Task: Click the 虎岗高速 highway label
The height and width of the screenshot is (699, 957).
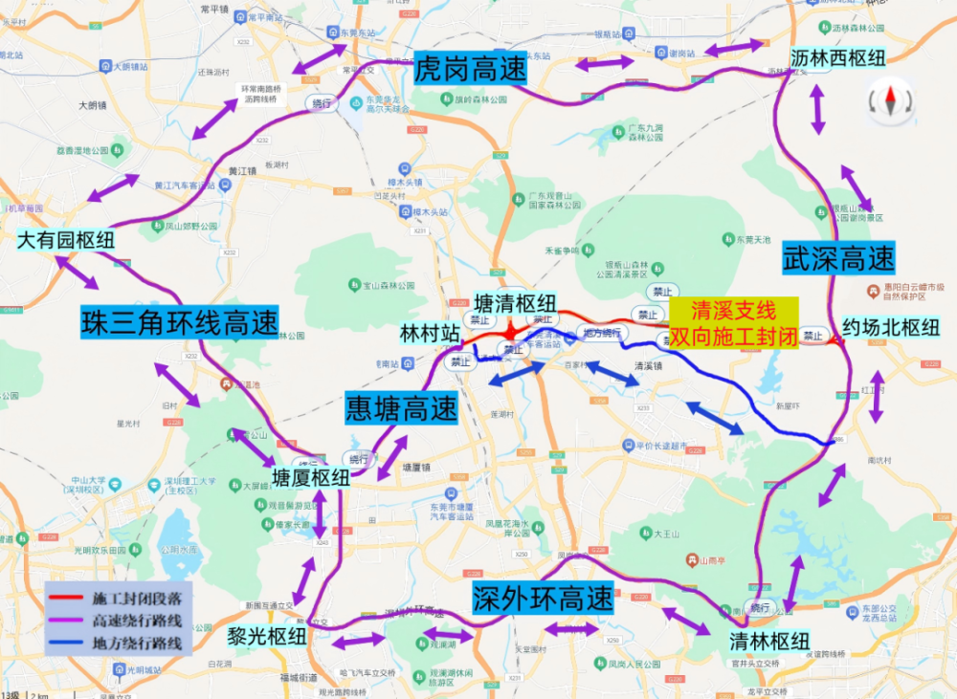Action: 471,70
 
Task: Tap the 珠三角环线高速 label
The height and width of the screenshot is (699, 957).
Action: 179,321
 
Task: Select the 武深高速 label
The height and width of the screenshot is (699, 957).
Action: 838,257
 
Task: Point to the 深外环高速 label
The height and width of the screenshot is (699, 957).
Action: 543,599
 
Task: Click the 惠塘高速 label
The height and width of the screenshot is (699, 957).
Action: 401,410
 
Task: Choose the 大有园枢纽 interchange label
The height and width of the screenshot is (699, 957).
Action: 66,239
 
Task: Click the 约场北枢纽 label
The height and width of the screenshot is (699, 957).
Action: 891,327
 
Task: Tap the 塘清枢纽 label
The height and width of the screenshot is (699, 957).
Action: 516,302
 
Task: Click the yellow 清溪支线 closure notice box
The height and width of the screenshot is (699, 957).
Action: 733,323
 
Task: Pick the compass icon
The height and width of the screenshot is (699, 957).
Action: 890,102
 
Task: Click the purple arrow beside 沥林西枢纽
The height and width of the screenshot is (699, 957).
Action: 818,109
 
